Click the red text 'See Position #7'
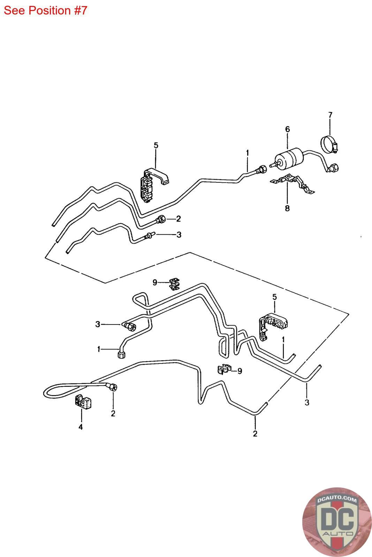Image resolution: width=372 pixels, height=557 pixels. [x=45, y=10]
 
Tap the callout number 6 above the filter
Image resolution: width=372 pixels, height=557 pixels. [x=287, y=129]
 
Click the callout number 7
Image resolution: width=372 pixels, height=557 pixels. [x=330, y=115]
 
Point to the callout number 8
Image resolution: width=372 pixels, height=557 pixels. [x=287, y=209]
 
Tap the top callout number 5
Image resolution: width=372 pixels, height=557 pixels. [x=156, y=145]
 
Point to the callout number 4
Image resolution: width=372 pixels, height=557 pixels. [x=81, y=427]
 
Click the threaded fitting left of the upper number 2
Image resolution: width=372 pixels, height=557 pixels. [x=161, y=220]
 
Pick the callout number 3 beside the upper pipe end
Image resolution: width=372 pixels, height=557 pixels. [x=179, y=235]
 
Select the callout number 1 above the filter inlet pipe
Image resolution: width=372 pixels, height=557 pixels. [x=248, y=152]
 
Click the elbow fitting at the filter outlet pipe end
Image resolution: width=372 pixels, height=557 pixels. [x=333, y=168]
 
